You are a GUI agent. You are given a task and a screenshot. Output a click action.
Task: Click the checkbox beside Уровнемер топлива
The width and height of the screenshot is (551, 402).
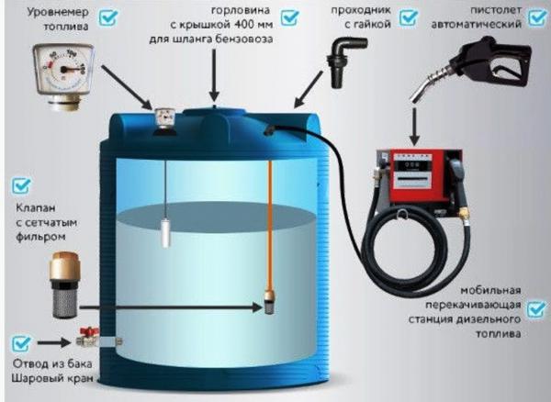107,17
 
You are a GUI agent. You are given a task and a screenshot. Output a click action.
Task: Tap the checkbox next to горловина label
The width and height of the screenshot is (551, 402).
289,17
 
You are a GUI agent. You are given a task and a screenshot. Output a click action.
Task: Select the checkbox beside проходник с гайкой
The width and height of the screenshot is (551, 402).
409,17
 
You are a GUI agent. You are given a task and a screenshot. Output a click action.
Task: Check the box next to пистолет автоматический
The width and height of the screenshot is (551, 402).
537,17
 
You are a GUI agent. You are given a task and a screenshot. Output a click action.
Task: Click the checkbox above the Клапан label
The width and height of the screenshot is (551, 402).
21,185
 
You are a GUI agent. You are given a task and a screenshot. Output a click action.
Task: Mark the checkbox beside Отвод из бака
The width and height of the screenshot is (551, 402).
21,343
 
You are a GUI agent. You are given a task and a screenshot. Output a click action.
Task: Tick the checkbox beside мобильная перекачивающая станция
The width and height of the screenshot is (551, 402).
537,309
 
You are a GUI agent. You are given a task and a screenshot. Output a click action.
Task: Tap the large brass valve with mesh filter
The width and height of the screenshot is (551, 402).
65,285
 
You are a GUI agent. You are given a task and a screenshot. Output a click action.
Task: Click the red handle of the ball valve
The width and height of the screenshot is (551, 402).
90,331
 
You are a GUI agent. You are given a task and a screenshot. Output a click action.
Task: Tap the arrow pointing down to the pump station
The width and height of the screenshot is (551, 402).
415,127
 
